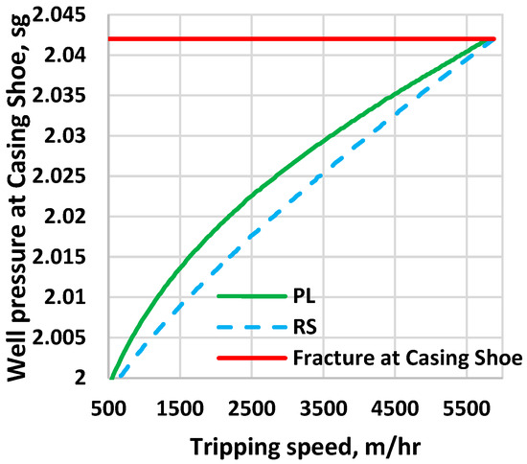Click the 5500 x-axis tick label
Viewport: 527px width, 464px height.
[490, 406]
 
